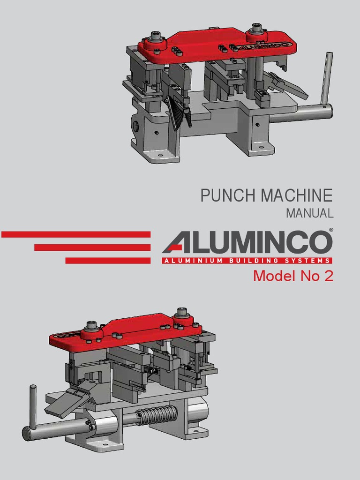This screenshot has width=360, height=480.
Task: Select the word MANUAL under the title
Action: click(x=309, y=213)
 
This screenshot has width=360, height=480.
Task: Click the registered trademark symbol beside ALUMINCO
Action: click(x=331, y=230)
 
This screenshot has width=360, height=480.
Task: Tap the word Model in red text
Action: click(x=269, y=276)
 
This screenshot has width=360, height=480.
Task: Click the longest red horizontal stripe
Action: click(x=76, y=234)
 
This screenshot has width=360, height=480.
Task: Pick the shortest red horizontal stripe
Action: click(x=108, y=261)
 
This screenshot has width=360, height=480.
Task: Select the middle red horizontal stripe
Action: click(x=92, y=247)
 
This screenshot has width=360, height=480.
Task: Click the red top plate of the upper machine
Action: click(x=206, y=47)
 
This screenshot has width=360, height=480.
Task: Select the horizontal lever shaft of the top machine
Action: click(x=300, y=113)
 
